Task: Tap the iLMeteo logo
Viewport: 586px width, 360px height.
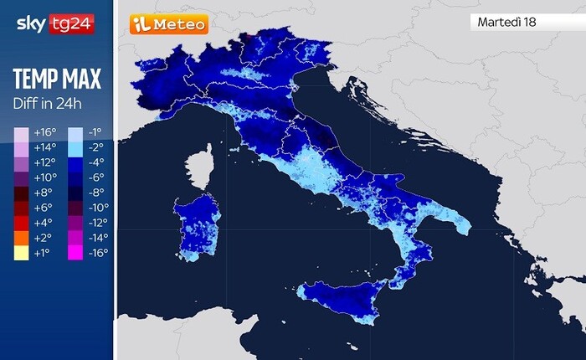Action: pyautogui.click(x=168, y=24)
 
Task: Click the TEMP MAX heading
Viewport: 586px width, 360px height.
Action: pyautogui.click(x=57, y=80)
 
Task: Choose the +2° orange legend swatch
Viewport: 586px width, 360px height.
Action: pyautogui.click(x=20, y=236)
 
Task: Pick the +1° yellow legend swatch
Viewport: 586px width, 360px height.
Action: pyautogui.click(x=20, y=251)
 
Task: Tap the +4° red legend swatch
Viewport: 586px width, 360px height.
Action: pyautogui.click(x=20, y=222)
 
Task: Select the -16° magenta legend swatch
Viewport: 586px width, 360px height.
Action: pyautogui.click(x=75, y=251)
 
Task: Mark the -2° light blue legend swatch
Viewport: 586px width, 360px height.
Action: pyautogui.click(x=75, y=147)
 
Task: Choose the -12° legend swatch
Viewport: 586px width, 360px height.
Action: pyautogui.click(x=75, y=222)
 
